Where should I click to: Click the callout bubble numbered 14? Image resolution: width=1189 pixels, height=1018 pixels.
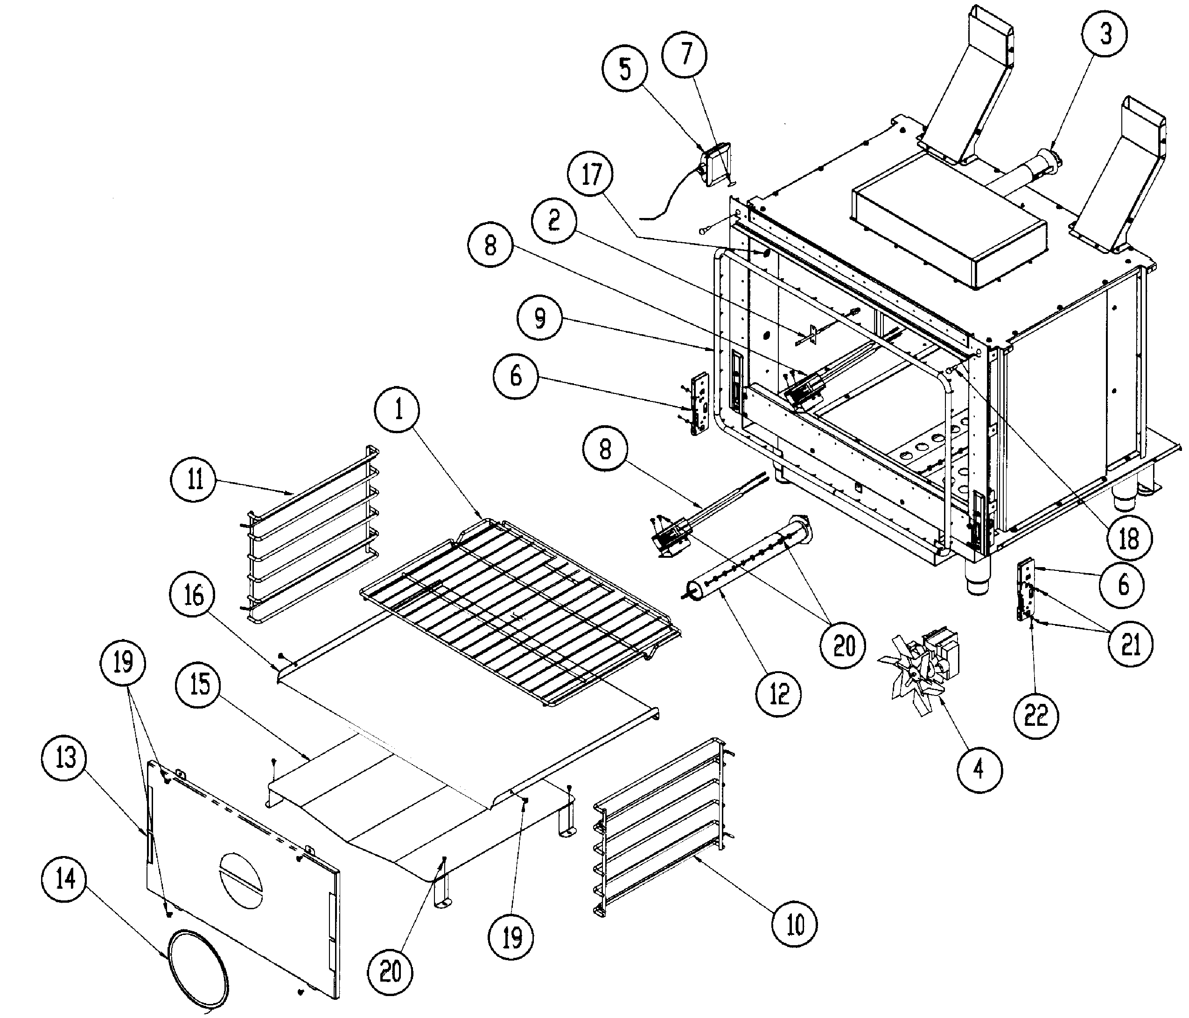tap(65, 878)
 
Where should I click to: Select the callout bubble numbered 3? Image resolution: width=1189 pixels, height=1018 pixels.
tap(1105, 34)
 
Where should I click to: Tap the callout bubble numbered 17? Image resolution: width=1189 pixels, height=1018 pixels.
tap(591, 175)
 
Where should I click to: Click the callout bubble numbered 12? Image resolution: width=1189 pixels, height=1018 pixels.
tap(779, 694)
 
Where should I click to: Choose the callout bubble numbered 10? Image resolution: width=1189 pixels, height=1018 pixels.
tap(794, 924)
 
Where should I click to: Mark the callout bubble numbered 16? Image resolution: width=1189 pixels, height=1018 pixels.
tap(194, 595)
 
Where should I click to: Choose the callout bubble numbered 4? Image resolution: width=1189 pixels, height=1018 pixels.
tap(979, 768)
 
